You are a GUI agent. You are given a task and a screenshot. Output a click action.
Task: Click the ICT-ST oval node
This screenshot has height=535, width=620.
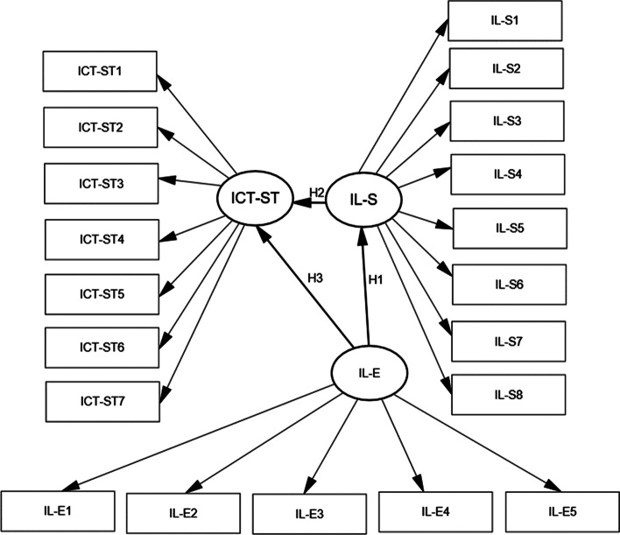[255, 201]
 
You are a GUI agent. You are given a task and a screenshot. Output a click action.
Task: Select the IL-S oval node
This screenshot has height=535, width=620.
[363, 201]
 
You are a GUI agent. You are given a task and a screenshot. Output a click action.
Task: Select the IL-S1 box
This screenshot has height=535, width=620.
[503, 18]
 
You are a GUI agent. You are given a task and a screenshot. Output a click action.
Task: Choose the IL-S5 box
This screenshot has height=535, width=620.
[509, 229]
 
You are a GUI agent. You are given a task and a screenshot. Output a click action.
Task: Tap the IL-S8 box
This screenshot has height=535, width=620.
[505, 394]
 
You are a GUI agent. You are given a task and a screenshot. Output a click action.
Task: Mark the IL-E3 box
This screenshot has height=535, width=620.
[309, 509]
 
